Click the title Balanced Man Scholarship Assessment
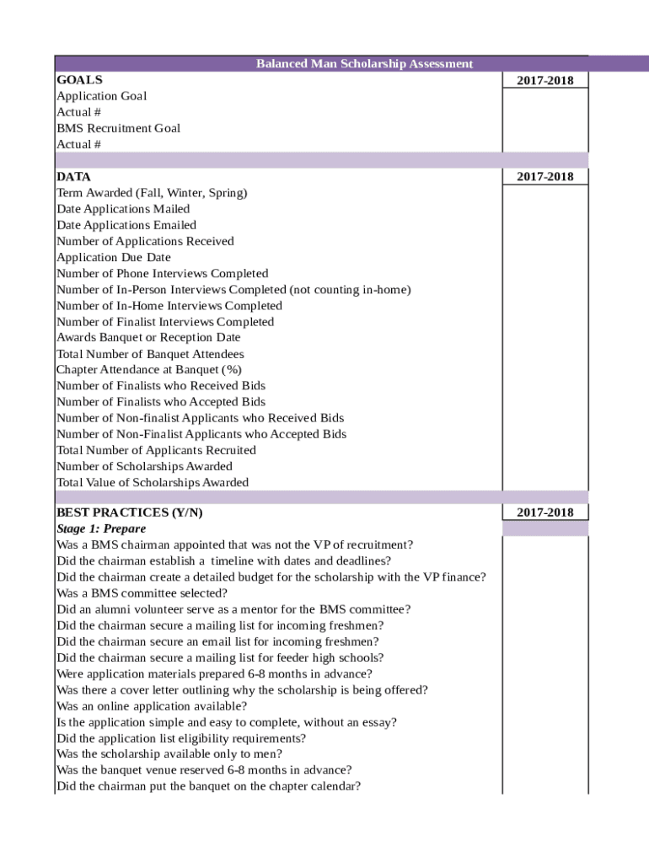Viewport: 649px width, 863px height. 364,64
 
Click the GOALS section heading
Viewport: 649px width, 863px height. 79,80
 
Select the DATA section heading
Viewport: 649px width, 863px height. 73,177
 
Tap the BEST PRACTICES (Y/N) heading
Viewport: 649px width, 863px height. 129,512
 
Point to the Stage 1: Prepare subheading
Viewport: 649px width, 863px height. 100,528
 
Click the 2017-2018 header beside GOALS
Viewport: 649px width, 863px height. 544,80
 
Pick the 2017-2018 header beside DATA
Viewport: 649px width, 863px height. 544,177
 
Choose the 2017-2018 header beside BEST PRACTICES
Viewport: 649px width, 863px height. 544,512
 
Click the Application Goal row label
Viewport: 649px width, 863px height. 101,96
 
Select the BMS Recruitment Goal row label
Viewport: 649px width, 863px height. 118,128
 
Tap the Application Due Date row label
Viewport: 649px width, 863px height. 113,257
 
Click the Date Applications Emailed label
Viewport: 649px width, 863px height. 126,225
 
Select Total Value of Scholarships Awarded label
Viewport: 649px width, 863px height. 153,483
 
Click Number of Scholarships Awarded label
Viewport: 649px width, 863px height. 144,466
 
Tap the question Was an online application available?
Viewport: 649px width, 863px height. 152,706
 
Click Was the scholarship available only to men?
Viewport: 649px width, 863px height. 169,754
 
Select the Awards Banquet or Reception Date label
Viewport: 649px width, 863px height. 148,338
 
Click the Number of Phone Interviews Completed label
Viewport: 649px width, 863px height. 162,273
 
